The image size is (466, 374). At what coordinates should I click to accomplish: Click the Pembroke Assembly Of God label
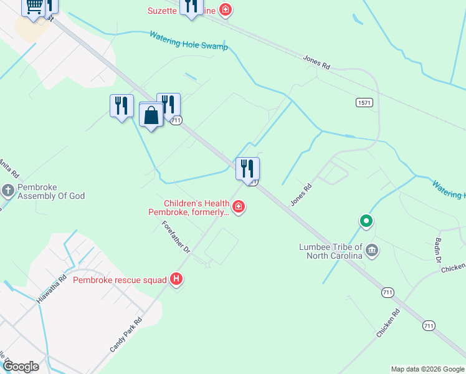coord(51,191)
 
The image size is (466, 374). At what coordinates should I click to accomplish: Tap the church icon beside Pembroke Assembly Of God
coord(7,189)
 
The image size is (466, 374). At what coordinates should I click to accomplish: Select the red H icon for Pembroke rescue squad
coord(177,279)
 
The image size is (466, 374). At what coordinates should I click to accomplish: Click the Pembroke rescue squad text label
coord(120,280)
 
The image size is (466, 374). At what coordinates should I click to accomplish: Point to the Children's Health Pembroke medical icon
coord(238,206)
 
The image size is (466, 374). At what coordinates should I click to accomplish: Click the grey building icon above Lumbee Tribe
coord(372,251)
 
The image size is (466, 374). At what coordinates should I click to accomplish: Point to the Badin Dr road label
coord(440,251)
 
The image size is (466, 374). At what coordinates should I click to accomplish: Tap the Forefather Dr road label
coord(176,236)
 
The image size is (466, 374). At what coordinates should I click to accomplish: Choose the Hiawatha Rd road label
coord(51,289)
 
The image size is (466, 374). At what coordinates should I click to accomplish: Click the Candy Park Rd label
coord(126,334)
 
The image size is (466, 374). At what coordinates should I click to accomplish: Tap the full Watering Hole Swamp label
coord(188,41)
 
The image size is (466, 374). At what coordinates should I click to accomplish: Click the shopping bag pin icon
coord(151,116)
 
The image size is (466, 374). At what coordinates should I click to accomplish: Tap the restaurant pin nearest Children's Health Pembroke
coord(247,168)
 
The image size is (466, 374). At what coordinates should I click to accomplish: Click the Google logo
coord(21,366)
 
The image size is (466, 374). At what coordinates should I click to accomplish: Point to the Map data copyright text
coord(427,369)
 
